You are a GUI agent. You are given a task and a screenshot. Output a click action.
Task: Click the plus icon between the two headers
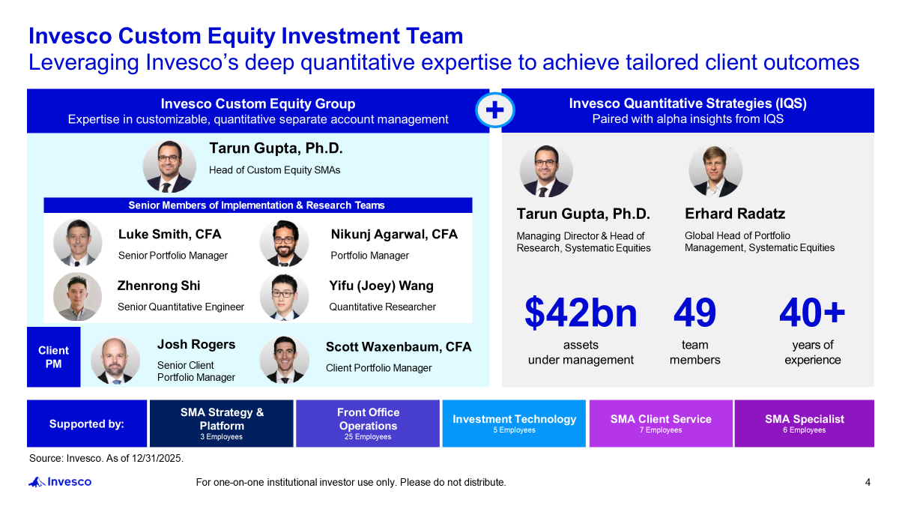(x=495, y=110)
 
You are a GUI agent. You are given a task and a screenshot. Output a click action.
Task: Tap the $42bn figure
(x=581, y=313)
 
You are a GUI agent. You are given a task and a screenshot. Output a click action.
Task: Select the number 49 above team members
(x=694, y=312)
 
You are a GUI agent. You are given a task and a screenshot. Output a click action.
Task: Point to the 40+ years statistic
(x=812, y=312)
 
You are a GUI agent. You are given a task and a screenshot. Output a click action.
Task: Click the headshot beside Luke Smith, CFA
(x=77, y=242)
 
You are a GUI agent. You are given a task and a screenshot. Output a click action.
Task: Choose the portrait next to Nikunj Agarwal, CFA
(x=284, y=243)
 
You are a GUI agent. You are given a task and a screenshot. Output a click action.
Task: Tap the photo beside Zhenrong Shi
(x=77, y=296)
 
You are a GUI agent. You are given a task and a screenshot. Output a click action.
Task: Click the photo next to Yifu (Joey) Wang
(x=284, y=297)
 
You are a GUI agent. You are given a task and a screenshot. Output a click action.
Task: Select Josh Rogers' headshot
(x=115, y=361)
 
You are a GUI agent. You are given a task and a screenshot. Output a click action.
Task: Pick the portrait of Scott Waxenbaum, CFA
(x=284, y=359)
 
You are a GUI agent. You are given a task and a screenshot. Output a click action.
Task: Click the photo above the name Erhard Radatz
(x=715, y=171)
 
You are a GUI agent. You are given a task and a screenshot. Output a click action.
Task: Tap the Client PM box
(x=53, y=357)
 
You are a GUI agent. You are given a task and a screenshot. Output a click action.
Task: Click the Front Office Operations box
(x=368, y=424)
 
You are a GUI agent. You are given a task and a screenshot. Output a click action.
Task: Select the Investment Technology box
(x=514, y=424)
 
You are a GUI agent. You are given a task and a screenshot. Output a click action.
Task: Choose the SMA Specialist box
(x=805, y=424)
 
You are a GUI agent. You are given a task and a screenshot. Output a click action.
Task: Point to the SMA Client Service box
(x=661, y=424)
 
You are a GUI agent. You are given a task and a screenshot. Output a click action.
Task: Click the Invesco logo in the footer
(x=60, y=482)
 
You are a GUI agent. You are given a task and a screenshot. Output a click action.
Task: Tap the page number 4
(x=868, y=482)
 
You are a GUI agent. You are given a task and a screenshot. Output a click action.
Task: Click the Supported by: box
(x=87, y=424)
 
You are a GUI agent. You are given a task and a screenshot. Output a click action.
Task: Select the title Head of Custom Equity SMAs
(x=274, y=170)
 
